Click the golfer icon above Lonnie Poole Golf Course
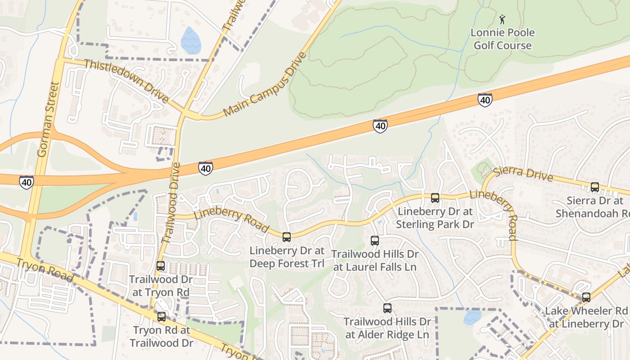[x=502, y=19]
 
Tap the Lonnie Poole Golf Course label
[x=502, y=39]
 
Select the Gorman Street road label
[x=49, y=119]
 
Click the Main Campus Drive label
[x=265, y=84]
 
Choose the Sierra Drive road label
[x=523, y=174]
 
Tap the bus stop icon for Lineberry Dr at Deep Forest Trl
[x=287, y=237]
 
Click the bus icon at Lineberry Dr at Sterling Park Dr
[x=435, y=198]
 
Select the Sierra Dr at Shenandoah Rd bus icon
[x=595, y=187]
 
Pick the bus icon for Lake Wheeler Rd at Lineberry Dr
[x=586, y=297]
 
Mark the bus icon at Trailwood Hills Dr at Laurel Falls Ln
[x=375, y=240]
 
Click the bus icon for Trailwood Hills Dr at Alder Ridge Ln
[x=387, y=308]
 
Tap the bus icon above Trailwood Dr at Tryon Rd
[x=161, y=266]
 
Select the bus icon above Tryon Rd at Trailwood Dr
[x=162, y=317]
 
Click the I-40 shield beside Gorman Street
[x=27, y=182]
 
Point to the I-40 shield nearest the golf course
[x=485, y=100]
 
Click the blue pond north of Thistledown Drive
[x=190, y=41]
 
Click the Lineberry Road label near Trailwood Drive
[x=232, y=220]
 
